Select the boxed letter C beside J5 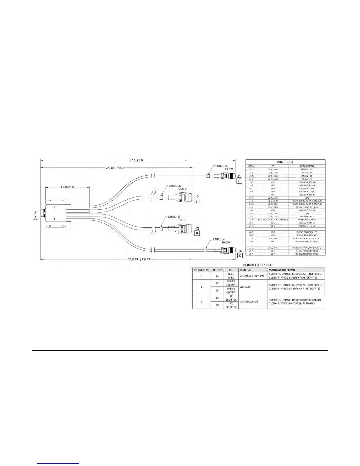tap(239, 181)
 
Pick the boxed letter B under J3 tap(197, 233)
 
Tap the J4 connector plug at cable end tap(226, 251)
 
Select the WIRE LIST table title tap(285, 162)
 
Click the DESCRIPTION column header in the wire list tap(307, 166)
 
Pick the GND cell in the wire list tap(307, 198)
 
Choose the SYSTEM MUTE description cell tap(307, 217)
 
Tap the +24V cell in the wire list tap(307, 213)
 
